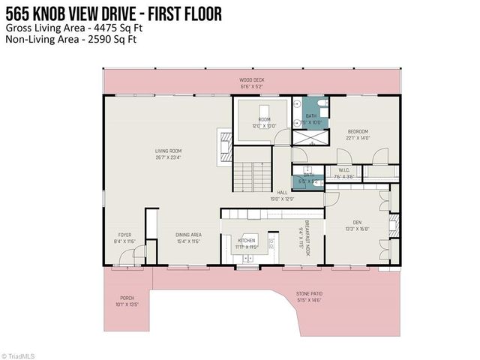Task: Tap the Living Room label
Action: click(169, 154)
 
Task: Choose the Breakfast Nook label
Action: click(303, 238)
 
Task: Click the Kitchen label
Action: click(246, 243)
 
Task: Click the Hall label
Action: click(282, 195)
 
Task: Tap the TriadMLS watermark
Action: click(21, 355)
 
